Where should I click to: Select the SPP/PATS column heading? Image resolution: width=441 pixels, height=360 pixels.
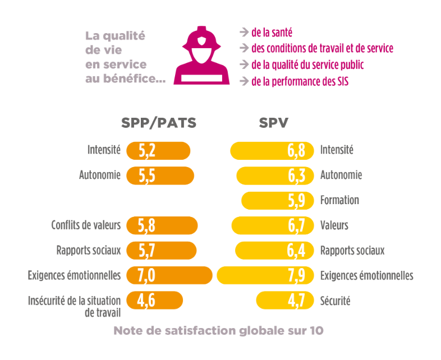[x=159, y=123]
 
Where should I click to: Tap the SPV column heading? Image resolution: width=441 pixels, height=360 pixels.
[x=273, y=123]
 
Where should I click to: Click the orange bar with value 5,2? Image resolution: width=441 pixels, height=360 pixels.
[x=159, y=151]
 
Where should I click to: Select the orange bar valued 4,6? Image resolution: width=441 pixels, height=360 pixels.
[x=154, y=301]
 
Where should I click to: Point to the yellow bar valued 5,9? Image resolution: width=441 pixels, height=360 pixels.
[x=277, y=200]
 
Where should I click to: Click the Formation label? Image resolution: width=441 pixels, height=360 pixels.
[x=339, y=200]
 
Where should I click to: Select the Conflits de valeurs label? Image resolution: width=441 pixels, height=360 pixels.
[x=86, y=225]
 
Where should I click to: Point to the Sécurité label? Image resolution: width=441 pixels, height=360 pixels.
[x=335, y=301]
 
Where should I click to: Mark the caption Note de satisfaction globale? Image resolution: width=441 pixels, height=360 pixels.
[x=218, y=330]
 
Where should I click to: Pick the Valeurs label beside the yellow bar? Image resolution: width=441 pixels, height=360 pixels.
[x=334, y=225]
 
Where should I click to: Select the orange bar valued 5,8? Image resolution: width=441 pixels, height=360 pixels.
[x=162, y=225]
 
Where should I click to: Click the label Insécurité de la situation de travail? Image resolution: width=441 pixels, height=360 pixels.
[x=74, y=306]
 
